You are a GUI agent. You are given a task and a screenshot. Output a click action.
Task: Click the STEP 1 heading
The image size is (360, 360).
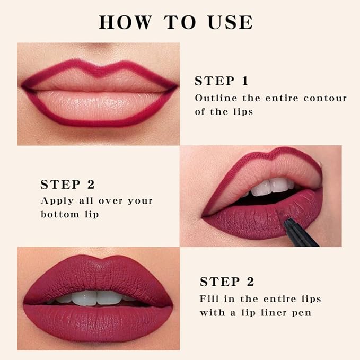coord(221,81)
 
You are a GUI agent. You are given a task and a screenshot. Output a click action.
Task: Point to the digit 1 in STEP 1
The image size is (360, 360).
coord(244,81)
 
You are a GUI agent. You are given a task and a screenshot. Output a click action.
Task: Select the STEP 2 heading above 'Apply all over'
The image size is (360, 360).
coord(67,185)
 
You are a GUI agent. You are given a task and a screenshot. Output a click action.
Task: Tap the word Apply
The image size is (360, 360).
coord(55,201)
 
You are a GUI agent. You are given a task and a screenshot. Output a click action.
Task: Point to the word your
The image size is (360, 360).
coord(139,201)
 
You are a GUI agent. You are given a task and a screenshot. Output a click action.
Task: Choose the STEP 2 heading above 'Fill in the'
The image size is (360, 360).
coord(227,282)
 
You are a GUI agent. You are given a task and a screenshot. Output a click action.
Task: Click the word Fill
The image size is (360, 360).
coord(209,298)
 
